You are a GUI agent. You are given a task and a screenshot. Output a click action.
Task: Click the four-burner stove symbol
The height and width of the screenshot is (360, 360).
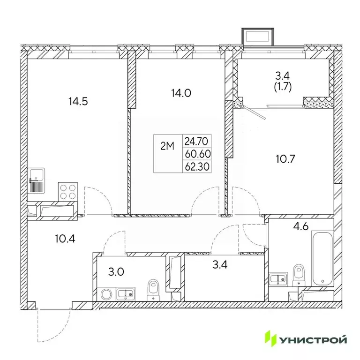(x=68, y=191)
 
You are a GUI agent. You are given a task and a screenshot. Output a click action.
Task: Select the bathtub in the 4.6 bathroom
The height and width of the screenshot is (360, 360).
(x=322, y=258)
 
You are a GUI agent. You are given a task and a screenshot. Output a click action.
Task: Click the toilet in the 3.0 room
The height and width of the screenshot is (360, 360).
(x=152, y=290)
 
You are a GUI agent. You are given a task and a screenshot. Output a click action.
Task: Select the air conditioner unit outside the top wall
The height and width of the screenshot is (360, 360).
(x=256, y=36)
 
